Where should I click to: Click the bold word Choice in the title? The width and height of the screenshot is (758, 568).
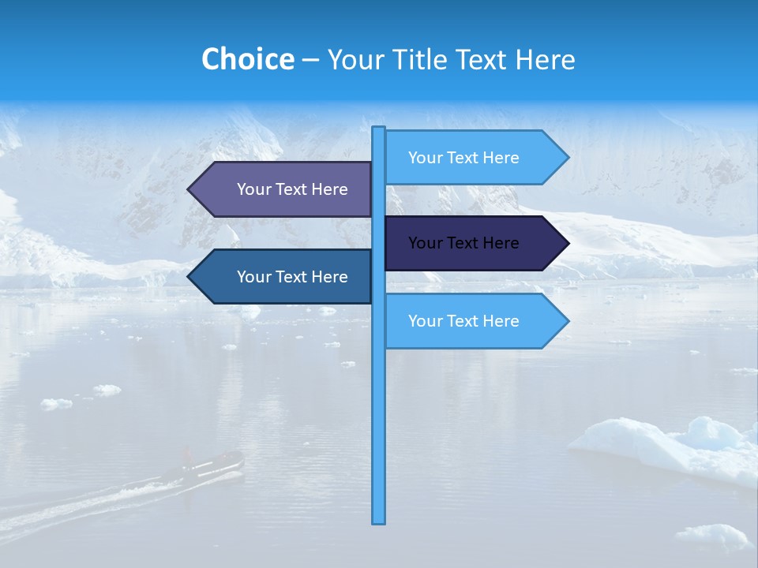pyautogui.click(x=247, y=59)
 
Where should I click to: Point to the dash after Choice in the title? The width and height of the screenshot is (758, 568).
pyautogui.click(x=310, y=61)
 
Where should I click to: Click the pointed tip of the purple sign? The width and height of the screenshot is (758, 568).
pyautogui.click(x=190, y=189)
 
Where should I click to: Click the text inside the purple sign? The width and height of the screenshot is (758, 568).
pyautogui.click(x=292, y=189)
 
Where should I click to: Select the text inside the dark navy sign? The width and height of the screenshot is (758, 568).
pyautogui.click(x=463, y=243)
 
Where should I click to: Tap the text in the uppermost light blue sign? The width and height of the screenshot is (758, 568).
pyautogui.click(x=463, y=158)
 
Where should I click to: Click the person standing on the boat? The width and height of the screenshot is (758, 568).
pyautogui.click(x=188, y=455)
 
